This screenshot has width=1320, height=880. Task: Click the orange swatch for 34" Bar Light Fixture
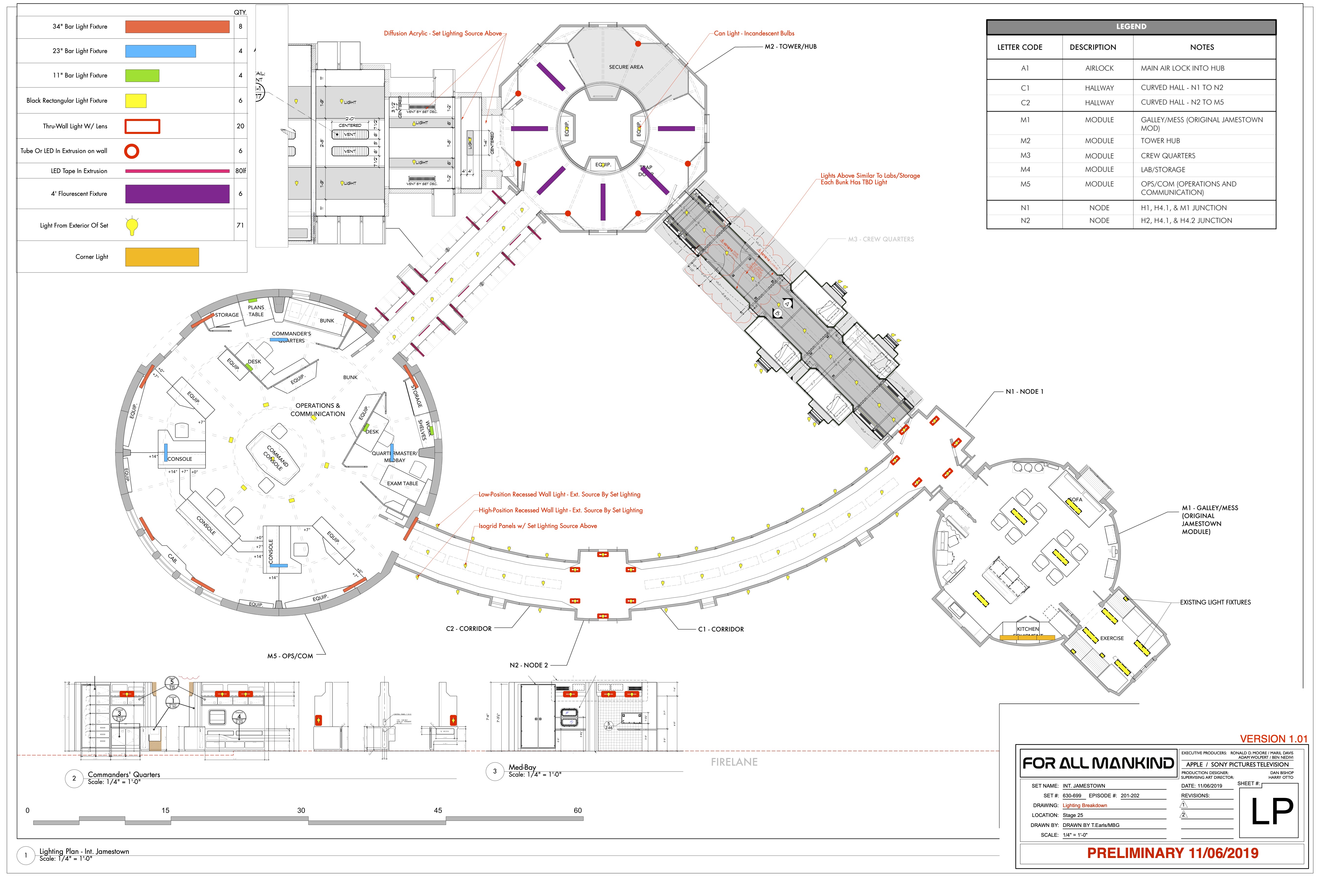[177, 26]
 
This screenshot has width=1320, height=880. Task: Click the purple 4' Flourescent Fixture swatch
[177, 194]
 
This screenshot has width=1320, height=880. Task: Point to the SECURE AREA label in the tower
[626, 67]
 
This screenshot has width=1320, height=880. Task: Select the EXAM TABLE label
[402, 483]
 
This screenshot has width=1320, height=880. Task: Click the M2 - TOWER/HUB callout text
[790, 47]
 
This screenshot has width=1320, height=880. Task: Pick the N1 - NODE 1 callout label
[1024, 392]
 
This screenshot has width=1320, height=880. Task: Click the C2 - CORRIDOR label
[469, 628]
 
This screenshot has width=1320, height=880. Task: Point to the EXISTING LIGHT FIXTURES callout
[1215, 602]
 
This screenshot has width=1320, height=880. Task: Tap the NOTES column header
[1202, 47]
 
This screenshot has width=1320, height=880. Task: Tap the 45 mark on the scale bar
[438, 810]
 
